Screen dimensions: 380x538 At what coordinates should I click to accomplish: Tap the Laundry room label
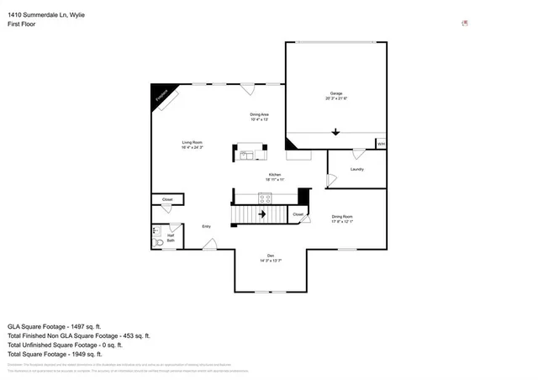pos(356,169)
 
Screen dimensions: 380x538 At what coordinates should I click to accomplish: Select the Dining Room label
pos(341,219)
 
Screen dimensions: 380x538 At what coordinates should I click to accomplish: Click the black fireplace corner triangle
pos(158,92)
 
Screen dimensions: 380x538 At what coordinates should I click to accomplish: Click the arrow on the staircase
pos(261,214)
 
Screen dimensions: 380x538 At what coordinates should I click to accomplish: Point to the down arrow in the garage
pos(336,132)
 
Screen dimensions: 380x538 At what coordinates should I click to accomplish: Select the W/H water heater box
pos(381,144)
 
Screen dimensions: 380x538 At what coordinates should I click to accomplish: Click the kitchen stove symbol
pos(265,198)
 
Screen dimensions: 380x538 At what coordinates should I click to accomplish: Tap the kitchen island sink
pos(247,155)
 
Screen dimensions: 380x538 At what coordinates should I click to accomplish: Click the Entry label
pos(206,226)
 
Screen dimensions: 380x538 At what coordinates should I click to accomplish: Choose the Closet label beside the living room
pos(167,199)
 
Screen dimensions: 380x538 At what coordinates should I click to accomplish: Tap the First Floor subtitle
pos(22,24)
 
